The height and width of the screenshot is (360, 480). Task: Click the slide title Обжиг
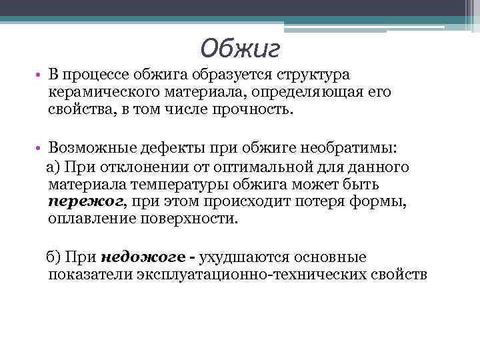[239, 47]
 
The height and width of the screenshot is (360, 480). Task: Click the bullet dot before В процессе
[40, 76]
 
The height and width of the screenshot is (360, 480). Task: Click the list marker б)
[53, 257]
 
